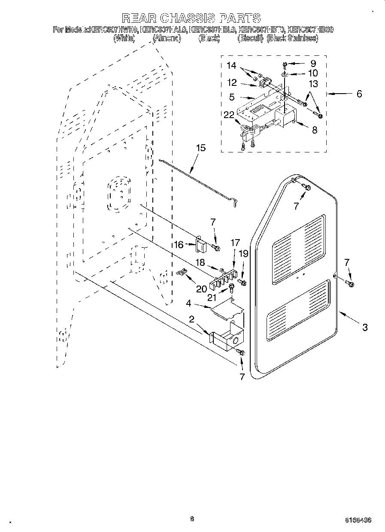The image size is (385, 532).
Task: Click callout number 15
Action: click(x=200, y=148)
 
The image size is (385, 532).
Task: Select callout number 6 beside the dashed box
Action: click(x=359, y=94)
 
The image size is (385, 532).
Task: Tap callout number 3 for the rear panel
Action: click(x=364, y=327)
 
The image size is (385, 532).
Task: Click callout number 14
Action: click(x=231, y=66)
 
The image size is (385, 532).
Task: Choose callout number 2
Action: click(x=191, y=319)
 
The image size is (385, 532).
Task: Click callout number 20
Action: click(x=201, y=289)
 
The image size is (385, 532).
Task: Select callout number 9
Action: click(x=313, y=63)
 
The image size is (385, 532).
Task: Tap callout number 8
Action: click(x=315, y=129)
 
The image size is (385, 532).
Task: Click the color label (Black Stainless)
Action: click(x=292, y=38)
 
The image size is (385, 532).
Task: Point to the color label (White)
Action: click(x=124, y=38)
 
